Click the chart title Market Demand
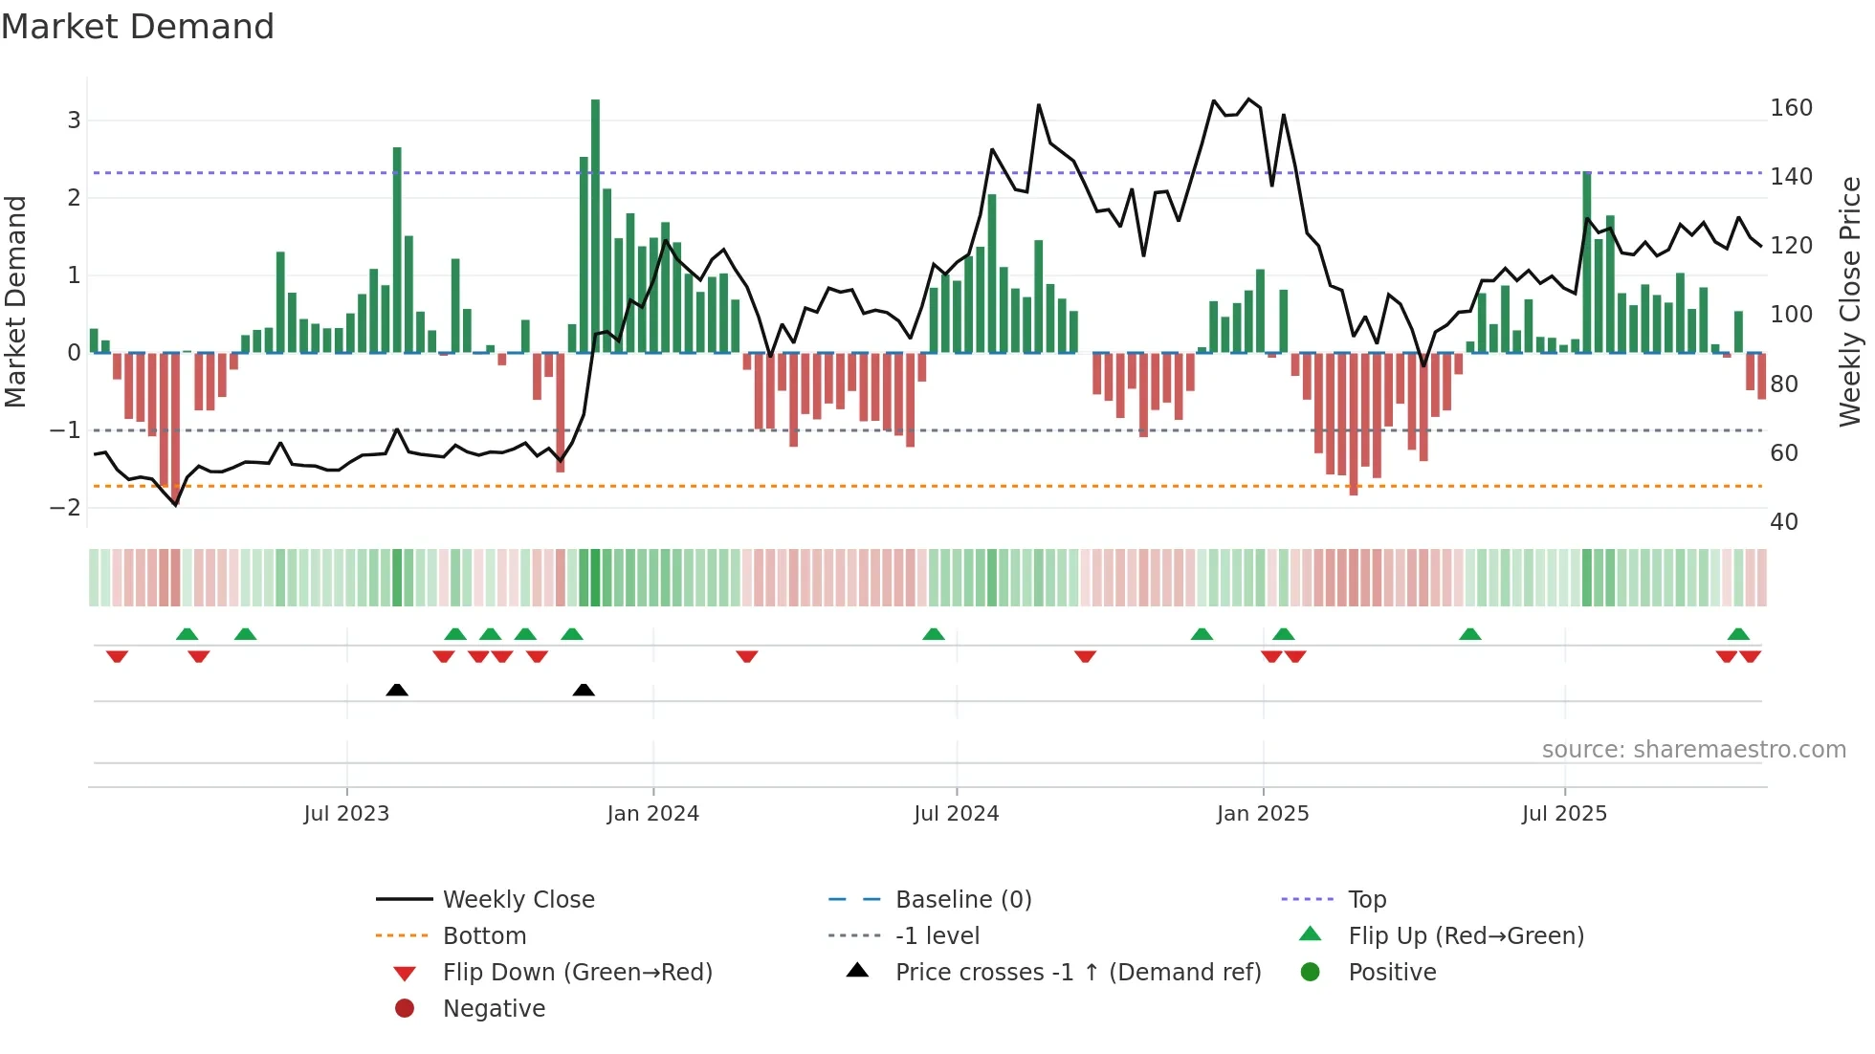pos(138,27)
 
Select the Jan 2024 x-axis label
pos(652,814)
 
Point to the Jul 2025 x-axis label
pos(1564,814)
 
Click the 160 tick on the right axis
pos(1791,108)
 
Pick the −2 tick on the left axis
pos(65,508)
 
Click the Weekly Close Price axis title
pos(1850,301)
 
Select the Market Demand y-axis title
pos(15,301)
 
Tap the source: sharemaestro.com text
pos(1693,750)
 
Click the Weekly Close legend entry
pos(518,900)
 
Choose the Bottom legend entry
pos(484,936)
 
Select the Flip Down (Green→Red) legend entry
pos(577,973)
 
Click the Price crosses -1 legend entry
pos(1077,973)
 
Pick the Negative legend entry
pos(494,1009)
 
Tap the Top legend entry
pos(1366,900)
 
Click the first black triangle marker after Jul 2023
pos(397,690)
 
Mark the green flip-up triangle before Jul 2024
pos(934,634)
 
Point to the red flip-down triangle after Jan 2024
pos(747,656)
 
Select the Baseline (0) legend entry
pos(962,900)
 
